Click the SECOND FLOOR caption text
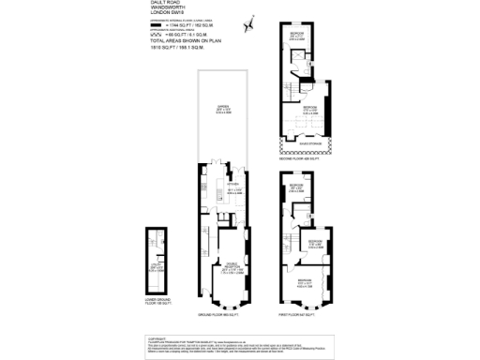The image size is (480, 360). click(301, 158)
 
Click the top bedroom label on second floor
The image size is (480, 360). click(296, 34)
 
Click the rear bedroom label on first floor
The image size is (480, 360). click(296, 187)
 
